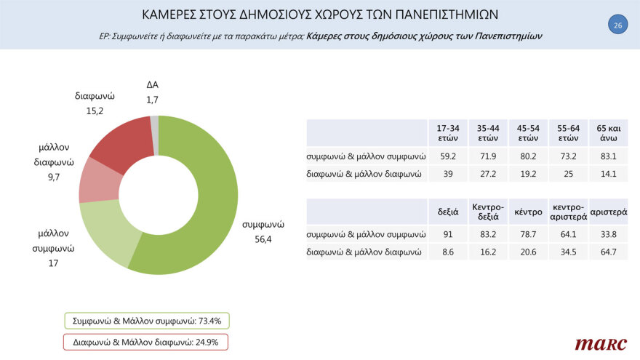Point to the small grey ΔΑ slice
(x=154, y=125)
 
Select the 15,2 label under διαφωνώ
(x=95, y=111)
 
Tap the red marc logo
(x=595, y=343)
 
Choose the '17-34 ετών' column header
(x=447, y=133)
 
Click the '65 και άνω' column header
(x=607, y=133)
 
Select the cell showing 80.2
(x=527, y=156)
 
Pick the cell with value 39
(x=447, y=174)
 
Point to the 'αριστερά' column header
(x=607, y=212)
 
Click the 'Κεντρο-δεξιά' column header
(x=487, y=212)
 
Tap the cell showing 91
(x=447, y=235)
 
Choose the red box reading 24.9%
(x=146, y=341)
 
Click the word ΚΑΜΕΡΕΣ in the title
(x=174, y=15)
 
